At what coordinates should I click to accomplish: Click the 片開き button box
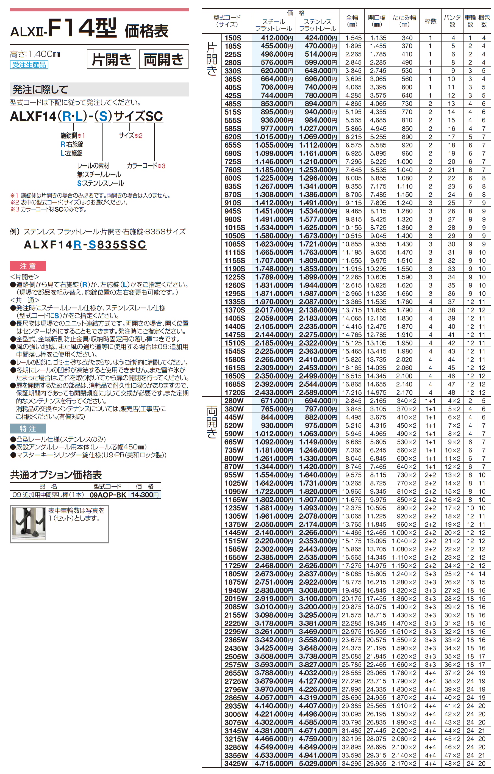click(111, 59)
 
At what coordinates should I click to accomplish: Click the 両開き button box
click(163, 59)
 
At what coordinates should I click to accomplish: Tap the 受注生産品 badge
click(29, 65)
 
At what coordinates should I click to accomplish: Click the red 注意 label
click(28, 266)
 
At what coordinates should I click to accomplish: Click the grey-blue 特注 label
click(28, 429)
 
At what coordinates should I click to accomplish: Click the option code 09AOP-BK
click(108, 495)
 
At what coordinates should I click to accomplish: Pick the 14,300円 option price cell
click(145, 495)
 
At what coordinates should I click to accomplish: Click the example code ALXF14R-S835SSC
click(85, 245)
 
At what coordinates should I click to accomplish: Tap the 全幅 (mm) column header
click(352, 21)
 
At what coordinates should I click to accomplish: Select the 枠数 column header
click(430, 21)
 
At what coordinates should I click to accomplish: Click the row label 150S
click(233, 38)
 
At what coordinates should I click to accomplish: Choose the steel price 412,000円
click(274, 38)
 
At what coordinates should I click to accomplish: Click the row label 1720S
click(235, 392)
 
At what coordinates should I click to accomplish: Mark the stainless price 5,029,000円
click(318, 763)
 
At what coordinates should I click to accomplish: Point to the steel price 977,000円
click(274, 129)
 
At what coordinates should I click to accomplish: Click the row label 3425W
click(236, 763)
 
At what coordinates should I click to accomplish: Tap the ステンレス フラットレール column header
click(318, 25)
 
